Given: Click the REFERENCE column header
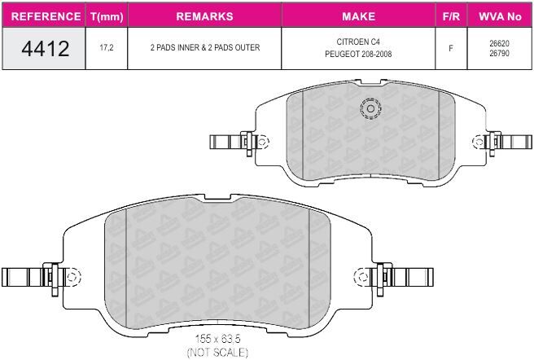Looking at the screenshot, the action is tap(46, 16).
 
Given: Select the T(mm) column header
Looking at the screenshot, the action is tap(107, 16).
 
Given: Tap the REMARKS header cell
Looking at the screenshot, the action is tap(204, 16).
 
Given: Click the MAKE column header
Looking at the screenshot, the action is tap(359, 16).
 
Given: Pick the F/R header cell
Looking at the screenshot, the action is tap(451, 16).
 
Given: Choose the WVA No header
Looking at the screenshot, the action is tap(500, 16).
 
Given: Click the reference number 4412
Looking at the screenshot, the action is tap(46, 48).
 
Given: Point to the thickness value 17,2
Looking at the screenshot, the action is tap(107, 47).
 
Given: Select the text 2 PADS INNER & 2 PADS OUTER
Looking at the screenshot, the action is tap(205, 47).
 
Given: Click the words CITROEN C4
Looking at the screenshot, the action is tap(358, 42).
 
